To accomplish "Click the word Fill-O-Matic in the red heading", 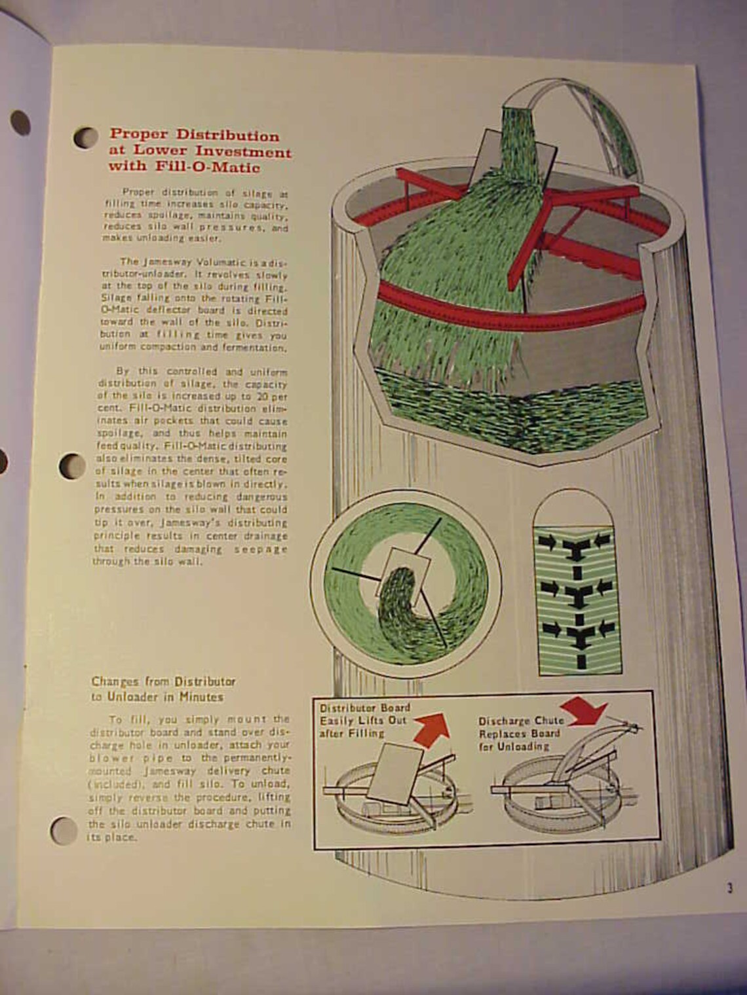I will click(x=208, y=167).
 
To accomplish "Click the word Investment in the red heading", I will click(x=244, y=152).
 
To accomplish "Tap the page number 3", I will click(x=729, y=888).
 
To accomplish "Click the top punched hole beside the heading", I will click(x=86, y=137).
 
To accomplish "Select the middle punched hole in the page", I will click(x=72, y=467).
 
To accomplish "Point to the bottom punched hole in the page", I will click(x=64, y=831).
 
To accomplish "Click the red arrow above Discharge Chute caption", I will click(x=585, y=709).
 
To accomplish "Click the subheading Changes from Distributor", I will click(x=163, y=681).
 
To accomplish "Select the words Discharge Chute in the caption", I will click(x=520, y=721).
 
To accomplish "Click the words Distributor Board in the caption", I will click(x=364, y=708).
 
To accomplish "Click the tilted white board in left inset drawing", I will click(x=394, y=774).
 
